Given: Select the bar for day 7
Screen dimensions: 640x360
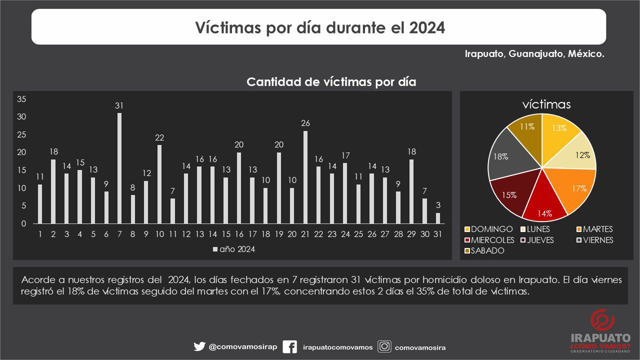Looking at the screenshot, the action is pos(119,168).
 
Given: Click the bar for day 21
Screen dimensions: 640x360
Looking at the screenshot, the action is pos(305,177).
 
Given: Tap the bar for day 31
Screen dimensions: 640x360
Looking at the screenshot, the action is pos(438,218).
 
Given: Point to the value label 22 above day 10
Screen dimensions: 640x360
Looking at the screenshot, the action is pos(159,137).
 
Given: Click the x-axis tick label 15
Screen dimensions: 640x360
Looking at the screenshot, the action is pos(226,234).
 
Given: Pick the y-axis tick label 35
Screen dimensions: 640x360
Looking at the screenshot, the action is pos(21,99).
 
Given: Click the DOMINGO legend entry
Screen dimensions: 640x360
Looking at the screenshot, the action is pos(488,229).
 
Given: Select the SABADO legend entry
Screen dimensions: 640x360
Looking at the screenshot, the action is pos(484,250).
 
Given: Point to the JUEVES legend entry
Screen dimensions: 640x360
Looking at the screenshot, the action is pos(537,240).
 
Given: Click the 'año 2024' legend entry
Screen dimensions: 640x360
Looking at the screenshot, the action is pos(234,249).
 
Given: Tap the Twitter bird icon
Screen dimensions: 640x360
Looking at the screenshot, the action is pos(199,346).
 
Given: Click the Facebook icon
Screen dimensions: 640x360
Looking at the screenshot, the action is pos(289,347).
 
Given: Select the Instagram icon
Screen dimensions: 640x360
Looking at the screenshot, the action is pos(384,346).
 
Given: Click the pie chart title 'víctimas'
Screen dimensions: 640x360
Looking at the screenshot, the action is pos(546,104).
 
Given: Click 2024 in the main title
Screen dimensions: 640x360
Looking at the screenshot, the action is pos(427,27).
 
